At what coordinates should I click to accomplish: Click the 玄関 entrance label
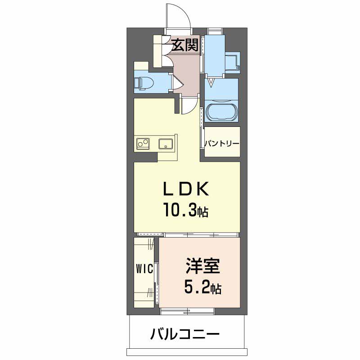tap(185, 45)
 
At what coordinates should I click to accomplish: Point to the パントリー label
tap(222, 144)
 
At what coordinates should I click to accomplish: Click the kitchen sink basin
tap(166, 144)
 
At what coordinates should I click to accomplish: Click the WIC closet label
tap(145, 269)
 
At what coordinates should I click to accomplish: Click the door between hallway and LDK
tap(189, 106)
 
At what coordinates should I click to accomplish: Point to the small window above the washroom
tap(215, 31)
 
